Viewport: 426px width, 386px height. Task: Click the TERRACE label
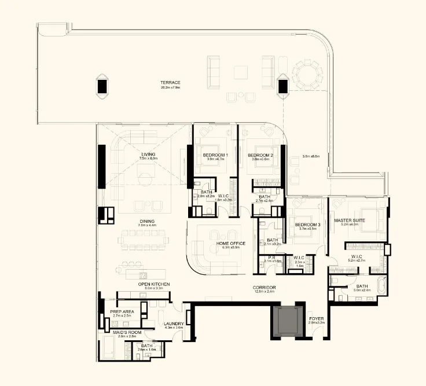171,83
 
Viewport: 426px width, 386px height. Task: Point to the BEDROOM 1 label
215,156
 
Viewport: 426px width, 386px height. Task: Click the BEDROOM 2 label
260,156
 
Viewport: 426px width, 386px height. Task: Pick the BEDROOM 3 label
307,225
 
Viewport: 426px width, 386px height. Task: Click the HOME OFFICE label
230,244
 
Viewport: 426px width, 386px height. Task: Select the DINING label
146,220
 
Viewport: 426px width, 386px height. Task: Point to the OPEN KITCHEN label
153,284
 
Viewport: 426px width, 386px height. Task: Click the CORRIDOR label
263,288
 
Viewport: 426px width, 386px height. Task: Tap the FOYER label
317,318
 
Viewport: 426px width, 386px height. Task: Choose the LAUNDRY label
174,323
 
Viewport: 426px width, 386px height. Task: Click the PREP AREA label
122,311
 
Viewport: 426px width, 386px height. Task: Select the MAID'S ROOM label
124,332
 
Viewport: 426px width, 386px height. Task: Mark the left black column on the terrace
102,86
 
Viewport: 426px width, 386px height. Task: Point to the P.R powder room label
271,258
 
